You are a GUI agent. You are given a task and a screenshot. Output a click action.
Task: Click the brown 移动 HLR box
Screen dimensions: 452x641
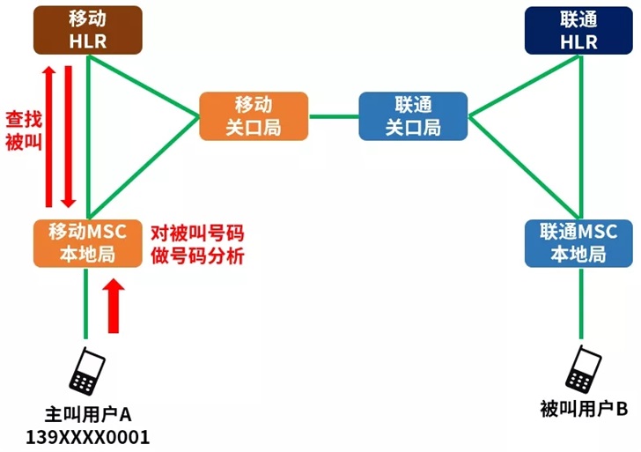(87, 29)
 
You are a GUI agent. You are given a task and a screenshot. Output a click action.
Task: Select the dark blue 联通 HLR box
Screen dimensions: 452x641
(578, 29)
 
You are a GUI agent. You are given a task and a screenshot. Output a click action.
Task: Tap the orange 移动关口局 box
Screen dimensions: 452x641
(254, 115)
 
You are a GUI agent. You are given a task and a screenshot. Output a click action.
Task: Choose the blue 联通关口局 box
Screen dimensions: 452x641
(413, 115)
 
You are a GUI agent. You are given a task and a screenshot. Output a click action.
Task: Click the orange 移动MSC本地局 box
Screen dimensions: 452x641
(87, 243)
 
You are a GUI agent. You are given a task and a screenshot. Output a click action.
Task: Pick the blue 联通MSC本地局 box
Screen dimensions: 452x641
(578, 243)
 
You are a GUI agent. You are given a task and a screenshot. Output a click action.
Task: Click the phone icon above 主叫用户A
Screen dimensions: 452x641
(87, 371)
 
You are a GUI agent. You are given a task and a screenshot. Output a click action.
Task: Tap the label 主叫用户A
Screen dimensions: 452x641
(87, 413)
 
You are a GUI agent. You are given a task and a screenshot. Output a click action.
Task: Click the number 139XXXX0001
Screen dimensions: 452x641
(87, 436)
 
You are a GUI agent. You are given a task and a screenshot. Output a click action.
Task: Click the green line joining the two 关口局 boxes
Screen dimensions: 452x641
(334, 115)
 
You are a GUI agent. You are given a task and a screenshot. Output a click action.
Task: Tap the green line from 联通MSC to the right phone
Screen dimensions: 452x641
(580, 304)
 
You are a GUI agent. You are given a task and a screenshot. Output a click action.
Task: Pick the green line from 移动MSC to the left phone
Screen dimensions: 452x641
(86, 304)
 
